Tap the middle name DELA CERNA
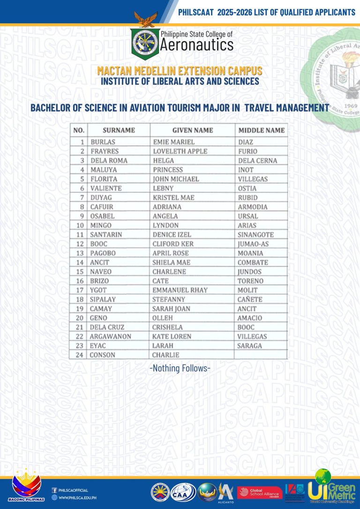click(x=257, y=160)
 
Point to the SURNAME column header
click(x=119, y=130)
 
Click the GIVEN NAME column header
click(x=192, y=130)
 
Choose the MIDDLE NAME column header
click(x=261, y=130)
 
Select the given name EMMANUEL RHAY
click(x=180, y=290)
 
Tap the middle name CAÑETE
click(x=250, y=299)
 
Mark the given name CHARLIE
click(x=166, y=355)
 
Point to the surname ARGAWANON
click(x=111, y=337)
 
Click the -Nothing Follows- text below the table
click(x=180, y=368)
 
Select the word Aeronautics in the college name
click(x=196, y=45)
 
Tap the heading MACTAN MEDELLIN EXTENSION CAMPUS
click(x=180, y=71)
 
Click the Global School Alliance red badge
click(x=259, y=493)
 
